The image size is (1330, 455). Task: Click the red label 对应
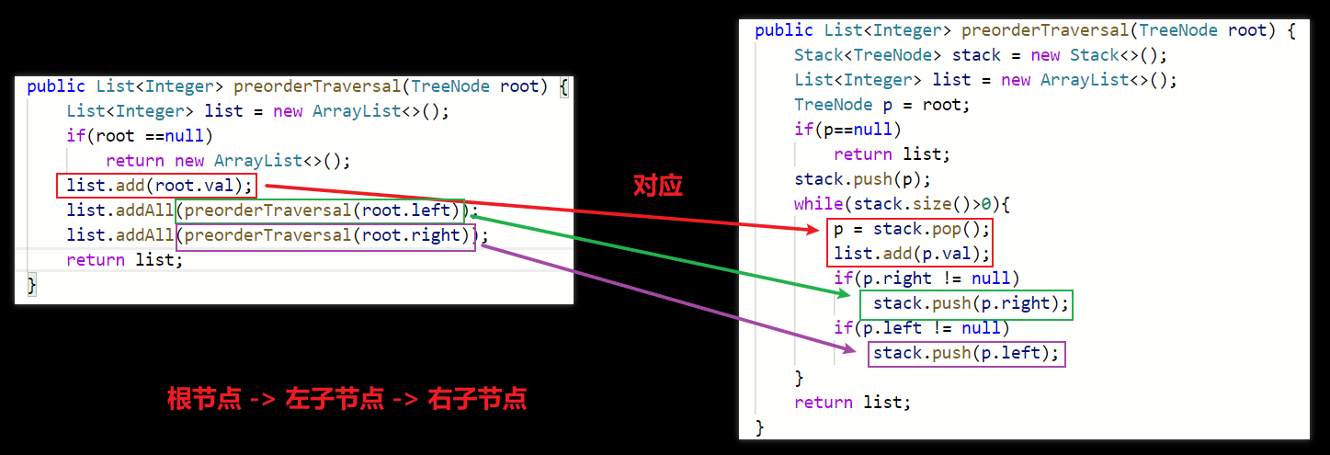658,186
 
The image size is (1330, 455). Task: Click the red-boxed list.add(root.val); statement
154,186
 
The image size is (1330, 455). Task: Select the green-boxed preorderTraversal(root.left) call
321,210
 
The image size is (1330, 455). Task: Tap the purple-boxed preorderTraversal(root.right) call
325,235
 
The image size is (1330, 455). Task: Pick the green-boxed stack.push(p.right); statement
966,303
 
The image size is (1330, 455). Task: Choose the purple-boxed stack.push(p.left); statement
966,353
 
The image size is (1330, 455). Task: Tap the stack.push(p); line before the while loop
862,179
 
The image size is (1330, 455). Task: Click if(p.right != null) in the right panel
926,279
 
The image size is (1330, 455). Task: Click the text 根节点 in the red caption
204,399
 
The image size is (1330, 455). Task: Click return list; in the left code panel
125,260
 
